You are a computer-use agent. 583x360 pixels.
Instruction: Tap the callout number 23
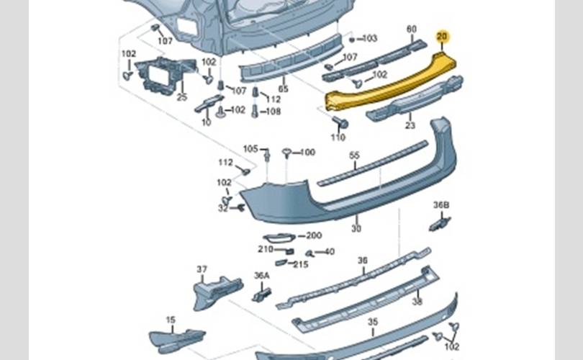(410, 125)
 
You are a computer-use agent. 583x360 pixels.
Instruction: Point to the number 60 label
(412, 30)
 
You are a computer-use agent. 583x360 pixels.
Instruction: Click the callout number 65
(283, 89)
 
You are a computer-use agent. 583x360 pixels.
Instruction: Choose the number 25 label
(181, 96)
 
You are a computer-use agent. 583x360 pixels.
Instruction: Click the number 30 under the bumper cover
(356, 228)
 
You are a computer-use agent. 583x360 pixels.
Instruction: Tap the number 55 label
(354, 156)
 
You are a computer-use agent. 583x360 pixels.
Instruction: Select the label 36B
(441, 205)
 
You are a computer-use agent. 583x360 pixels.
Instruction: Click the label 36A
(261, 275)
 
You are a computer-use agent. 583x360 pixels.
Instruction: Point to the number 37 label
(202, 269)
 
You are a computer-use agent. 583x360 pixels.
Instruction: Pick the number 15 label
(171, 320)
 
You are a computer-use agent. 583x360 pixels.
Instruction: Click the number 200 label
(314, 235)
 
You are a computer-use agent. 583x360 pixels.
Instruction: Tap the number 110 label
(338, 137)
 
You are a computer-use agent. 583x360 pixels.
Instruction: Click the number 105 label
(250, 149)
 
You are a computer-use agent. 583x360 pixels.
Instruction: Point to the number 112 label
(226, 162)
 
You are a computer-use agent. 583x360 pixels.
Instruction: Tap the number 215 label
(300, 264)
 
